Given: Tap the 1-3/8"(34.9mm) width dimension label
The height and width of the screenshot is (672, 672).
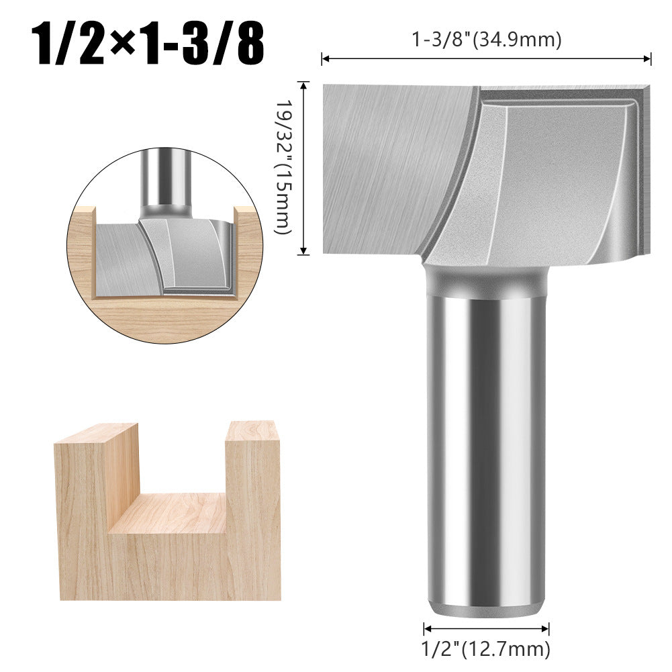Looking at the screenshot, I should point(486,40).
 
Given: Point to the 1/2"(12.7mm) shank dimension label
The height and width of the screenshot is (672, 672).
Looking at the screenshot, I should point(486,649).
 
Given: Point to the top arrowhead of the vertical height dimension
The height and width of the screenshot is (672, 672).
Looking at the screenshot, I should point(304,85).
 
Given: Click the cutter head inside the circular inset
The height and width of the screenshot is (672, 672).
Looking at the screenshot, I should point(164,258).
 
